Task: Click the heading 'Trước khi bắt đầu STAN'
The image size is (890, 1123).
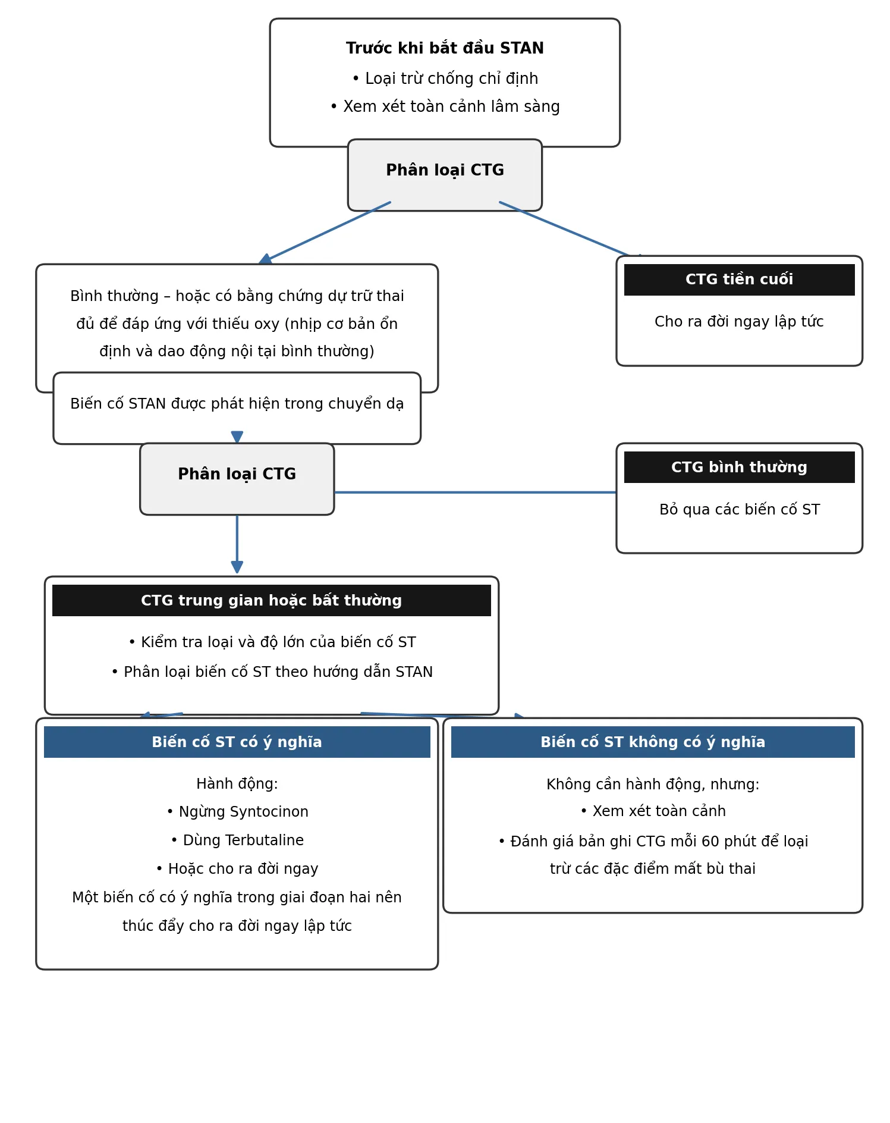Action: coord(445,48)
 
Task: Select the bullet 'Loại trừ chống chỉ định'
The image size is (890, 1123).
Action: coord(445,79)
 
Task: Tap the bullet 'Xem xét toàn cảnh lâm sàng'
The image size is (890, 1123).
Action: coord(445,106)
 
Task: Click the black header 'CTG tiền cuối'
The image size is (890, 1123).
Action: coord(739,280)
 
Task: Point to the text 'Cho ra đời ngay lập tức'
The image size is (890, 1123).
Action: coord(739,322)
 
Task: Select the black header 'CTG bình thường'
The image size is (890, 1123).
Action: coord(739,468)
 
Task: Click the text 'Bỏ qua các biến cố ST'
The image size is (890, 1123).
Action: coord(740,510)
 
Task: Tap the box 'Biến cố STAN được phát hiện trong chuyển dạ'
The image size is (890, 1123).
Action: coord(237,408)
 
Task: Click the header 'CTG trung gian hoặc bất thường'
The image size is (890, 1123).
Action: coord(272,601)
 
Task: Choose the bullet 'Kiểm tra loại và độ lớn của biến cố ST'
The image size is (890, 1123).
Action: coord(272,642)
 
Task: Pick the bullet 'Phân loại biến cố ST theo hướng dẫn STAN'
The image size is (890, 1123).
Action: coord(272,672)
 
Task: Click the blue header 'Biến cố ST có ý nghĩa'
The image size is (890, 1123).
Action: coord(237,742)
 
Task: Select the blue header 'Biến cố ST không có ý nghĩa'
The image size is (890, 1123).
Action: coord(653,742)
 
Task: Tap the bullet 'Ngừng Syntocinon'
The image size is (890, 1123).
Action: coord(237,812)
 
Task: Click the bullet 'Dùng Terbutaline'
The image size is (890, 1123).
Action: coord(237,840)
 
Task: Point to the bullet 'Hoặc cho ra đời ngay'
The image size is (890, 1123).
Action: coord(237,869)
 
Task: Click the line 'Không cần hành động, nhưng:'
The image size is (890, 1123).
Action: coord(653,785)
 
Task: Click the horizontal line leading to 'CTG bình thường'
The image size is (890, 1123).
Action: coord(475,493)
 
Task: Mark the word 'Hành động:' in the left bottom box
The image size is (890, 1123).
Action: coord(237,784)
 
